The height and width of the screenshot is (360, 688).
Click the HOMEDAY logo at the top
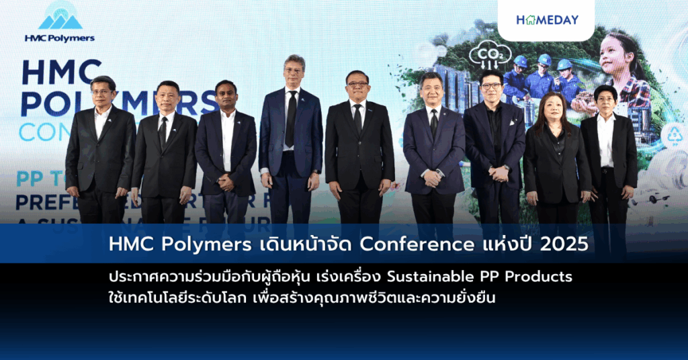coord(547,20)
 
